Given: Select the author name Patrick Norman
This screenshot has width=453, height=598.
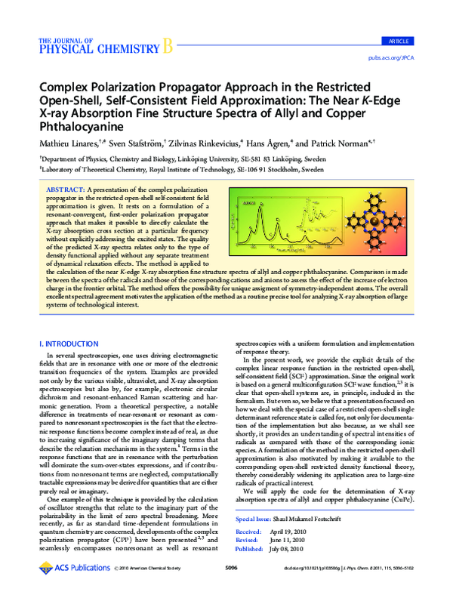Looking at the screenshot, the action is (x=333, y=143).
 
